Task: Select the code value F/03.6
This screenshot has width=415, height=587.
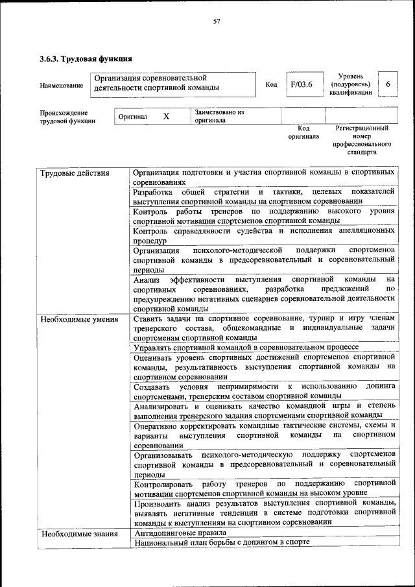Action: (x=302, y=84)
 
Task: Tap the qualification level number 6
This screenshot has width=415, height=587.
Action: (x=388, y=84)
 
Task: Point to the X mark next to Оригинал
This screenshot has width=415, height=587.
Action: (x=166, y=117)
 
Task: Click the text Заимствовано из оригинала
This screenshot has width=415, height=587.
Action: (x=219, y=116)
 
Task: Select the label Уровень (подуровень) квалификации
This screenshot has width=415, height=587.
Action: (x=351, y=84)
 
